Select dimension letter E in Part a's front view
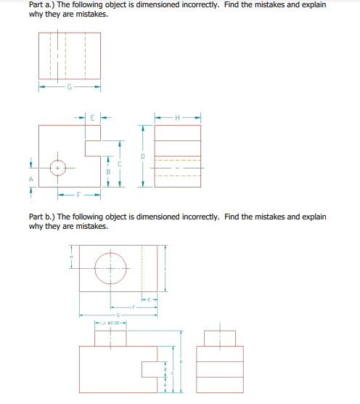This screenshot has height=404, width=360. pos(91,116)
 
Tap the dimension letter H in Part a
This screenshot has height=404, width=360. pos(177,116)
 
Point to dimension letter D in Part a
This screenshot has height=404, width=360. pos(143,155)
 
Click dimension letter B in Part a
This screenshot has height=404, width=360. pos(108,171)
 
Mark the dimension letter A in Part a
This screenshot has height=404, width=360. pos(31,178)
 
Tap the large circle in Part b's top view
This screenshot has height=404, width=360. pos(110,268)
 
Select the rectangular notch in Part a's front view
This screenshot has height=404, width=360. pos(94,149)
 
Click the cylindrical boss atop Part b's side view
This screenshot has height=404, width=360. pos(219,338)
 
